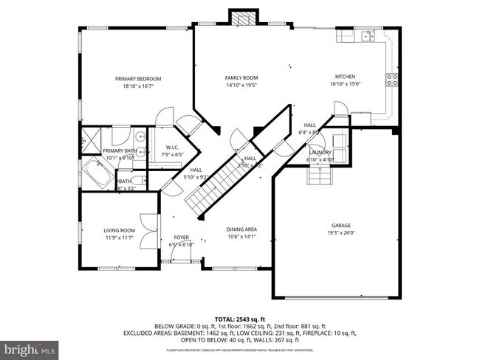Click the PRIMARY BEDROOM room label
(x=137, y=79)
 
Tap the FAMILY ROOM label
(x=241, y=77)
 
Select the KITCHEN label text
(x=346, y=77)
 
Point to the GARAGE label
(x=340, y=226)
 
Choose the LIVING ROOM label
(x=119, y=231)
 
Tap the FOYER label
(x=181, y=238)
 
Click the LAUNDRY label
(x=319, y=152)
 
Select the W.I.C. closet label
(x=174, y=148)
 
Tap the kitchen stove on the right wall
(x=392, y=80)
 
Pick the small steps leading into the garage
(x=319, y=176)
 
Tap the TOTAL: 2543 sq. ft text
(x=240, y=318)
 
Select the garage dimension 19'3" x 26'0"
(x=340, y=233)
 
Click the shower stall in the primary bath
(x=91, y=137)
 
